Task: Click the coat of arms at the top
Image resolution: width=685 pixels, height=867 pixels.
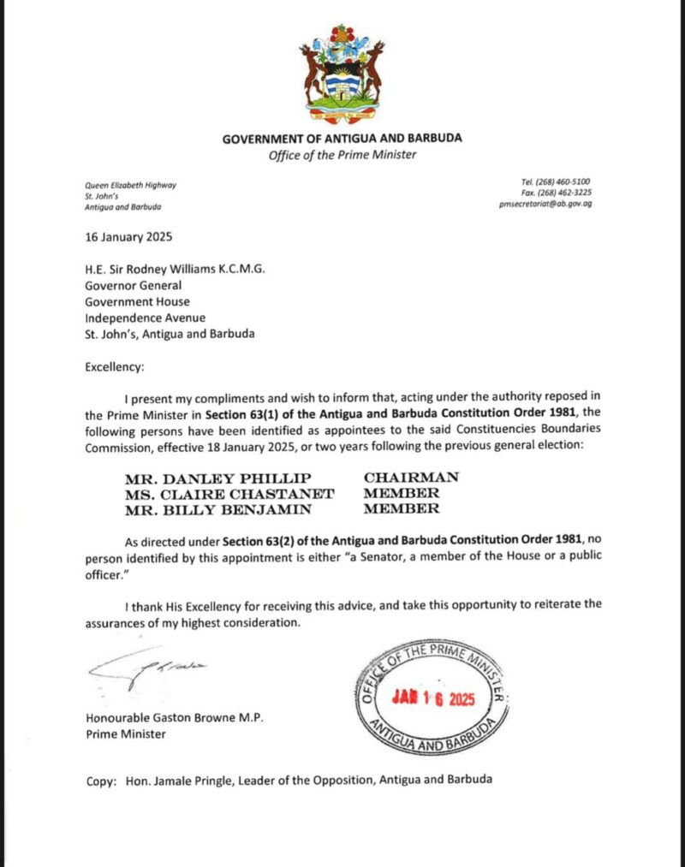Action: point(342,73)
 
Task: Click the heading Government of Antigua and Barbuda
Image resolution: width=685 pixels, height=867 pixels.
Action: point(342,139)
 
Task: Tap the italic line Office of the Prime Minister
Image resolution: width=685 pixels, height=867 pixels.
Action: point(342,155)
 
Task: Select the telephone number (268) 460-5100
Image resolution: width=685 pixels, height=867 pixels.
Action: point(566,182)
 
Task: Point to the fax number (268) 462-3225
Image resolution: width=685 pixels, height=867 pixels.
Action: point(566,193)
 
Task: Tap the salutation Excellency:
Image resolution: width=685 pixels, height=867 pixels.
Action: point(115,367)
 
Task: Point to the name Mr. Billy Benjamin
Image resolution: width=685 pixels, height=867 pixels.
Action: point(200,508)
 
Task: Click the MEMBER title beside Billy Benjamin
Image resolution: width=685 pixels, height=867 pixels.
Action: point(402,508)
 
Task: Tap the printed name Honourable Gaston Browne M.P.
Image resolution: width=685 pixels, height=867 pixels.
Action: point(175,717)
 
